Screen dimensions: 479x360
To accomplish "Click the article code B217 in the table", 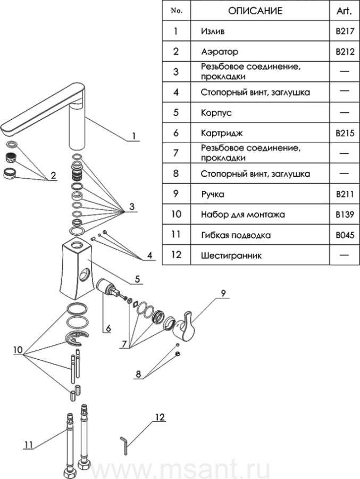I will click(345, 31).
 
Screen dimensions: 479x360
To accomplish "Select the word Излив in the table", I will click(213, 31).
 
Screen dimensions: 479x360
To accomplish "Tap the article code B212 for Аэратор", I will click(345, 52).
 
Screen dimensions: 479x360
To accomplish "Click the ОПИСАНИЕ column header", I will click(255, 11).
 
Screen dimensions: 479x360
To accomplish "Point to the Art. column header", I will click(345, 11).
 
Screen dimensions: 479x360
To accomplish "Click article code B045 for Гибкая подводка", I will click(345, 234).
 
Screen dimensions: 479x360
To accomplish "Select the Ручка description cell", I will click(213, 194).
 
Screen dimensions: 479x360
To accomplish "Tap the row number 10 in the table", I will click(177, 214).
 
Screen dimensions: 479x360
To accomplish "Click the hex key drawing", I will click(125, 444).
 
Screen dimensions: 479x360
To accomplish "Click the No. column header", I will click(176, 11).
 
